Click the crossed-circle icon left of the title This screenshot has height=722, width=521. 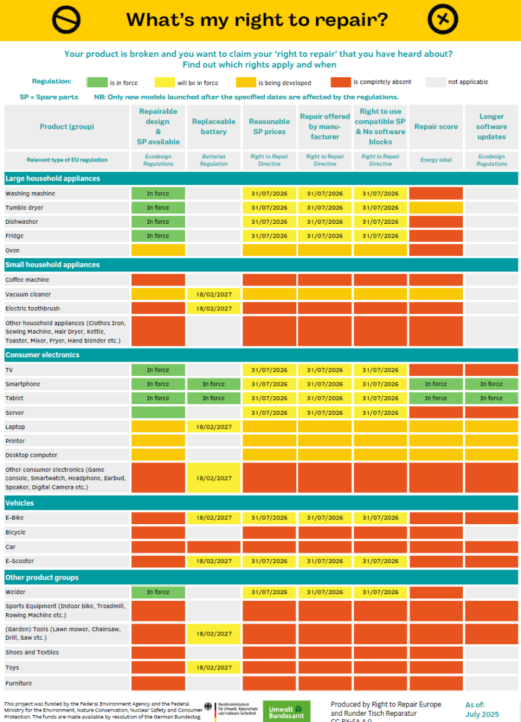[66, 20]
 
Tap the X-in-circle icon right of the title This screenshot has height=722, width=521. [443, 20]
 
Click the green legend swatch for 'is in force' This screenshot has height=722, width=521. [96, 82]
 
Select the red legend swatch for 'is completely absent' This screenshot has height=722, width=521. [340, 82]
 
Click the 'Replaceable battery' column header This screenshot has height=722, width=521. [213, 127]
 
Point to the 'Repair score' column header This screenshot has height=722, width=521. [436, 127]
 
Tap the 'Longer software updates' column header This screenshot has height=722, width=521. [491, 127]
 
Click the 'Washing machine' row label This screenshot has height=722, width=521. [30, 193]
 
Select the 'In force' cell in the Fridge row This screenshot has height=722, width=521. [158, 236]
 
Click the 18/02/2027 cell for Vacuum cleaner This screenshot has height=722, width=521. [213, 294]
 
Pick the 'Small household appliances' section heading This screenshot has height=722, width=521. [53, 265]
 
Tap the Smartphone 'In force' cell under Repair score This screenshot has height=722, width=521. [436, 384]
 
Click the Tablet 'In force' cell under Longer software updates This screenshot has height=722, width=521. [491, 398]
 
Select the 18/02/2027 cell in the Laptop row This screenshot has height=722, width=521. [213, 427]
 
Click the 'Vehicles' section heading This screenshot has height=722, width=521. [20, 503]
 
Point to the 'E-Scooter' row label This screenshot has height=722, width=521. [20, 561]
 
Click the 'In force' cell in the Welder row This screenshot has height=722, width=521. [158, 592]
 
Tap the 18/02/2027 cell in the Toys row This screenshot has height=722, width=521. [213, 668]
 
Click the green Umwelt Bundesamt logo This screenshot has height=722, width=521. [286, 711]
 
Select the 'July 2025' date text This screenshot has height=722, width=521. [482, 715]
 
